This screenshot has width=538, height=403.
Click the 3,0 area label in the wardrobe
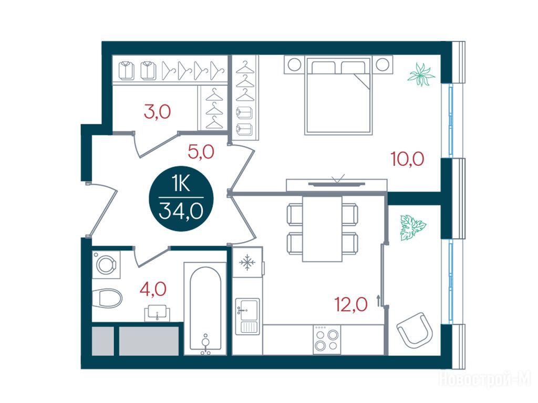coord(158,112)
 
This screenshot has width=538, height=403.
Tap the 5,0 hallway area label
coord(201,152)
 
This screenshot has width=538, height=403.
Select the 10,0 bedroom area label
coord(408,158)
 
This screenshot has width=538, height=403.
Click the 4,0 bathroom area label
coord(153,289)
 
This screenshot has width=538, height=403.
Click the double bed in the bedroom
coord(338,96)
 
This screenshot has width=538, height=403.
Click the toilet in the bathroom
coord(107,298)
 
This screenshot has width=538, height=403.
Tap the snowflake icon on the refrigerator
coord(247,263)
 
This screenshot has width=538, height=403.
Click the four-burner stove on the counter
coord(327,340)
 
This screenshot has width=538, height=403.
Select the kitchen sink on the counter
coord(247,316)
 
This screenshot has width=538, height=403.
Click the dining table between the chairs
coord(322,229)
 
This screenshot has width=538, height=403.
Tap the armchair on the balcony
coord(415,330)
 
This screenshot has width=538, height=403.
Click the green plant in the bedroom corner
coord(421,74)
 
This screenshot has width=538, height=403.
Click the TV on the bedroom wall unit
coord(337,184)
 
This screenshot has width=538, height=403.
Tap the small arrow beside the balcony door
coord(378,300)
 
